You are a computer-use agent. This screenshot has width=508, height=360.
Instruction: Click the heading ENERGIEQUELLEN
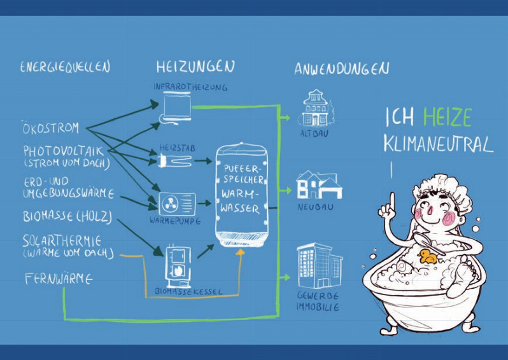(65, 67)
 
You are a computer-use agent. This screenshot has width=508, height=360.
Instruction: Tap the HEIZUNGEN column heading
(195, 66)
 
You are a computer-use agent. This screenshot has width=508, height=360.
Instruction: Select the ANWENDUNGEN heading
(342, 68)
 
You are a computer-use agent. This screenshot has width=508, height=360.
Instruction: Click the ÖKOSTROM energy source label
(50, 128)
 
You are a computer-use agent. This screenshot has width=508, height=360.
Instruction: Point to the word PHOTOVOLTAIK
(64, 151)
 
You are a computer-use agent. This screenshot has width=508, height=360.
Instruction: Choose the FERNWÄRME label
(59, 279)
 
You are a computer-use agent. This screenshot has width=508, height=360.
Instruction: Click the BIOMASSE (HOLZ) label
(67, 217)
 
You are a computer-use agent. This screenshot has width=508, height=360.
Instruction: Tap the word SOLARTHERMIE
(62, 241)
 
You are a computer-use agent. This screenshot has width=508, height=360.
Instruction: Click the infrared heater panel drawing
(176, 107)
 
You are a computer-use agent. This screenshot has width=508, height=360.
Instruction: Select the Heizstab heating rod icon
(175, 160)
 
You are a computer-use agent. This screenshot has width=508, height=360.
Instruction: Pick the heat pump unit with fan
(177, 204)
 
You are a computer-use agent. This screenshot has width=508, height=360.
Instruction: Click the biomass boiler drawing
(178, 267)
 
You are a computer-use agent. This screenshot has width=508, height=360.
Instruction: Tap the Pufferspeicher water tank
(242, 194)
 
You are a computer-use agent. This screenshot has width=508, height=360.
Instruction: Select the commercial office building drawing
(320, 265)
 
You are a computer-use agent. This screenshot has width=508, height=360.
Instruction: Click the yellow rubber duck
(427, 256)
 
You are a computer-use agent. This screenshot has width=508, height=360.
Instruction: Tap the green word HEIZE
(448, 117)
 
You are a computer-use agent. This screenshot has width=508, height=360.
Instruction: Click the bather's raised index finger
(392, 202)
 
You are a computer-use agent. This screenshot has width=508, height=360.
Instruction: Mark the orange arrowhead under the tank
(240, 253)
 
